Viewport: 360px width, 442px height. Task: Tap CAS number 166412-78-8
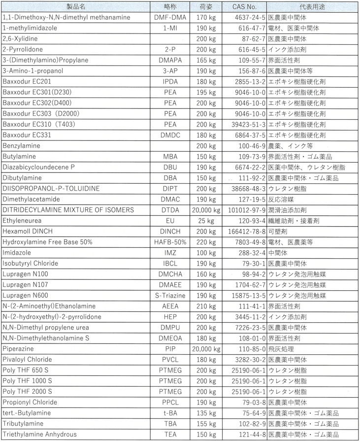coord(247,231)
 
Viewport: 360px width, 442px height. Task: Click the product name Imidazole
coord(17,252)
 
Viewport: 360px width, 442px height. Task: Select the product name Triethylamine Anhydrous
coord(39,434)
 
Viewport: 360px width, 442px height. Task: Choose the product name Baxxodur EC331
coord(28,135)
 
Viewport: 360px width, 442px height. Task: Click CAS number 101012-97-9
coord(247,210)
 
